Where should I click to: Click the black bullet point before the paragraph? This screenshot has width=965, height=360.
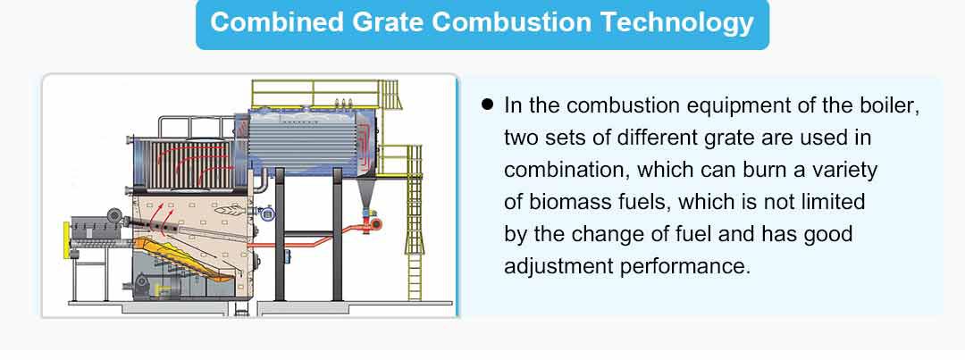pyautogui.click(x=488, y=105)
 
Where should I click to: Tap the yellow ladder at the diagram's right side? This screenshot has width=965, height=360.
pyautogui.click(x=415, y=222)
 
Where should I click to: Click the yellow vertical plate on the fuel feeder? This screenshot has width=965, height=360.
pyautogui.click(x=67, y=240)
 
